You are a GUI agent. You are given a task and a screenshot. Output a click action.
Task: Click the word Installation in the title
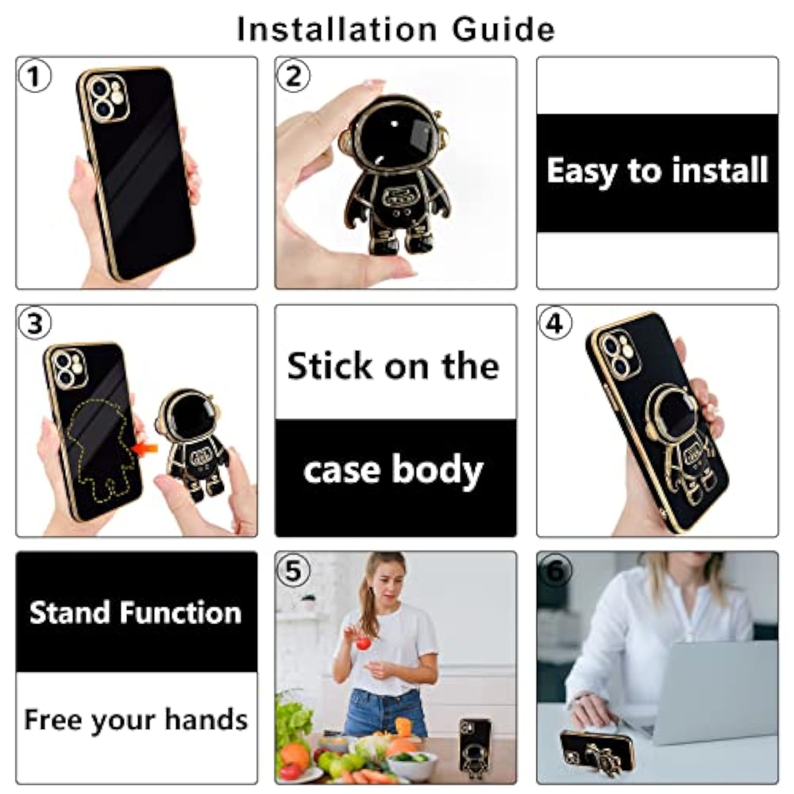(x=337, y=29)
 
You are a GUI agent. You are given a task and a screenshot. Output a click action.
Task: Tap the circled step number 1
(x=34, y=76)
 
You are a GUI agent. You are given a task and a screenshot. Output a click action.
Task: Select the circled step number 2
(x=293, y=76)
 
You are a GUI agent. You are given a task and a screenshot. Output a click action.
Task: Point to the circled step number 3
(x=34, y=323)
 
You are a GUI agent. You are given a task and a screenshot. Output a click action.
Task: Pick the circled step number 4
(x=555, y=323)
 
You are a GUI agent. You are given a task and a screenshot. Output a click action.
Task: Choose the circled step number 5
(x=293, y=571)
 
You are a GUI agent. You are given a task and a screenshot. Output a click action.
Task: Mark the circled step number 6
(x=555, y=571)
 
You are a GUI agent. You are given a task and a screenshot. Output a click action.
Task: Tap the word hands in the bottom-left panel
(x=205, y=720)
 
